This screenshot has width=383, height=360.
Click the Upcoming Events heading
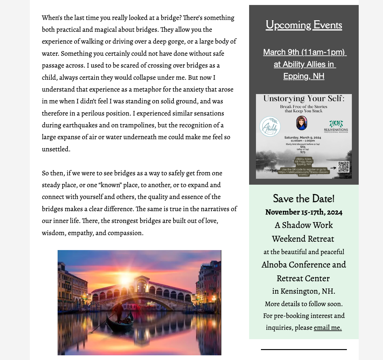304,25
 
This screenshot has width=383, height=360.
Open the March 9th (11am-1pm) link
305,52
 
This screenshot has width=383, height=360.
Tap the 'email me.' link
328,328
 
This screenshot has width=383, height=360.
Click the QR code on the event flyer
343,167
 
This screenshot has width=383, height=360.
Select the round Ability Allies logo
270,127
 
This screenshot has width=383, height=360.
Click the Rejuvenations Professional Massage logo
336,126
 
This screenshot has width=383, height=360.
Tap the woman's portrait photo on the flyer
301,123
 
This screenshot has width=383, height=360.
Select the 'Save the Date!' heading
304,199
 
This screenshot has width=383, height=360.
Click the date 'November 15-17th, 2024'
304,212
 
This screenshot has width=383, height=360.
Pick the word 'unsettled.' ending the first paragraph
56,149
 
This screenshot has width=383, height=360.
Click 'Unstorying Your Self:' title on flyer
304,99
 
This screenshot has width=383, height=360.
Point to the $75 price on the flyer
303,152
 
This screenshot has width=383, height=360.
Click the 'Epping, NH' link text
304,76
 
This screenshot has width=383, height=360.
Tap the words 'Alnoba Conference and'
304,265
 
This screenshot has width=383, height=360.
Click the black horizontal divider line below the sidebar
304,349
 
